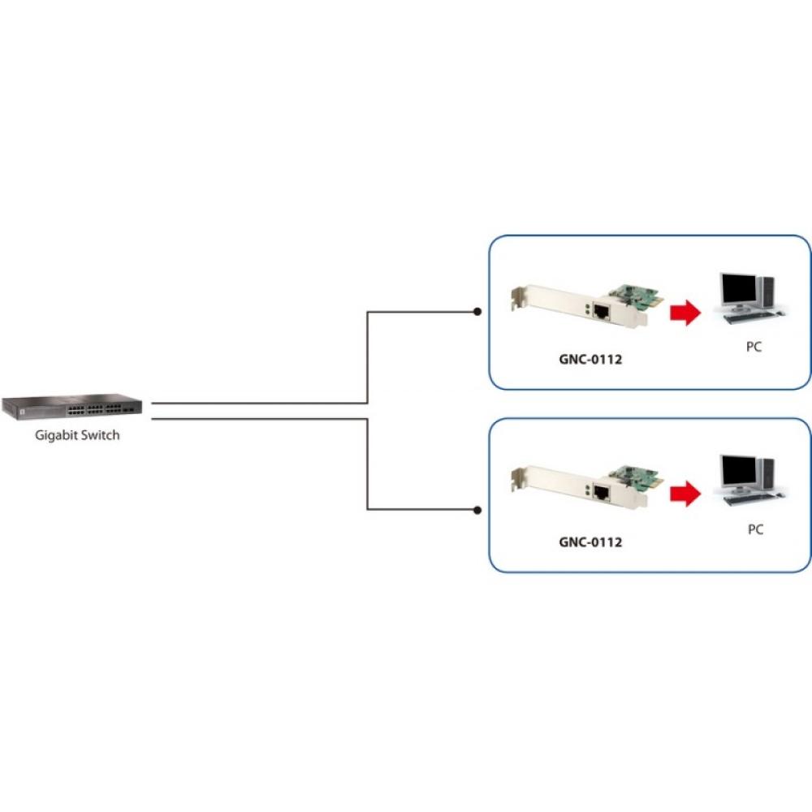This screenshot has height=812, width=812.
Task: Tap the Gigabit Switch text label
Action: click(x=77, y=435)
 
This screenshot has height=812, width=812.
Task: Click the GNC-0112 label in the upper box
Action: click(x=590, y=358)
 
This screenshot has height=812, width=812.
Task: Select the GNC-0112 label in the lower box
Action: click(x=590, y=541)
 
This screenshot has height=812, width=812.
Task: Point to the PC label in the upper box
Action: click(x=754, y=347)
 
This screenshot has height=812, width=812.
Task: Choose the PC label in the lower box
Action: click(x=755, y=529)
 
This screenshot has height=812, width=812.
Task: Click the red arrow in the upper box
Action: click(x=685, y=311)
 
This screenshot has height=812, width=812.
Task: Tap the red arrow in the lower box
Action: click(x=685, y=493)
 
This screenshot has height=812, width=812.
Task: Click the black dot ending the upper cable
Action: click(x=477, y=312)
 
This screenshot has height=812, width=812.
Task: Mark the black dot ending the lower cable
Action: click(x=477, y=510)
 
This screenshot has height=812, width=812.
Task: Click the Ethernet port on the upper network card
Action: click(x=602, y=310)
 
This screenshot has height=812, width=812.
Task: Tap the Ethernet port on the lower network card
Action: click(x=602, y=492)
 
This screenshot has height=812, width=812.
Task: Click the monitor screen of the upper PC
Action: click(x=737, y=288)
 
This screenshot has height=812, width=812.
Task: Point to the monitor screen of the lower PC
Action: click(x=737, y=470)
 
